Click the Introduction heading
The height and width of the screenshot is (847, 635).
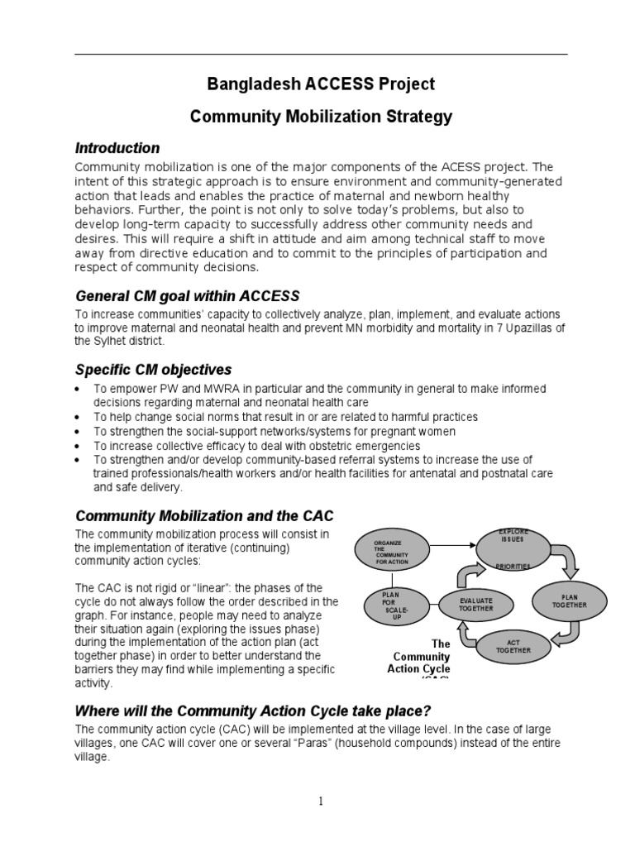(x=117, y=148)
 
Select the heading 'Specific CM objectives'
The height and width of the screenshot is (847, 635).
(x=153, y=369)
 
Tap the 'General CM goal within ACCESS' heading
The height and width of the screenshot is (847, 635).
(x=187, y=296)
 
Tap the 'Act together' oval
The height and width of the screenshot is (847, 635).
(x=514, y=648)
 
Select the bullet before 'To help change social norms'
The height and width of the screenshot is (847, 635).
(x=77, y=418)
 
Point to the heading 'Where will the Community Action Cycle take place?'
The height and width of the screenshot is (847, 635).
(x=254, y=711)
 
